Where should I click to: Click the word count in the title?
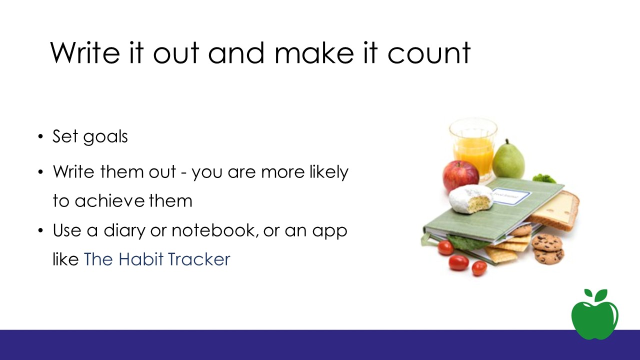click(x=428, y=53)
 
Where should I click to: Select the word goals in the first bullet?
click(x=105, y=137)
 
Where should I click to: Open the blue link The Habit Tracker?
click(x=157, y=259)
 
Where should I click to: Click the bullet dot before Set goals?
click(x=40, y=136)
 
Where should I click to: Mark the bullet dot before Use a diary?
click(x=40, y=230)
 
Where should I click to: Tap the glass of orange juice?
click(x=473, y=149)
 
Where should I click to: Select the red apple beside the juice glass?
click(x=460, y=176)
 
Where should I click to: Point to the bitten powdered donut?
click(x=470, y=199)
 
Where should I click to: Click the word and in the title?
click(x=236, y=53)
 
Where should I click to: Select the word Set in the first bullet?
click(x=65, y=136)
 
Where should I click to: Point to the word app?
click(x=330, y=231)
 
